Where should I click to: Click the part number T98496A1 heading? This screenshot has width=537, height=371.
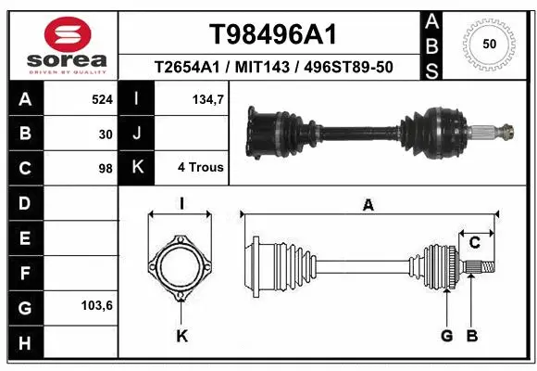tap(271, 33)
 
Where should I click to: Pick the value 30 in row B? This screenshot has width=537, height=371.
tap(106, 134)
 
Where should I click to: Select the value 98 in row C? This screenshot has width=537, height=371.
tap(106, 169)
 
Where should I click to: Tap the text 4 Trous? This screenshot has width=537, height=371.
tap(201, 169)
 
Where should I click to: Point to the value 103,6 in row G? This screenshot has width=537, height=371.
tap(97, 304)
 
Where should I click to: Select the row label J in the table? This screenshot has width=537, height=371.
tap(137, 134)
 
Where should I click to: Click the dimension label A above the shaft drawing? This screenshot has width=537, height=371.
tap(368, 206)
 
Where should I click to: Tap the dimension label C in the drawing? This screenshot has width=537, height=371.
tap(475, 244)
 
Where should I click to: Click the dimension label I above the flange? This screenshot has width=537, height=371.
tap(182, 204)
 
